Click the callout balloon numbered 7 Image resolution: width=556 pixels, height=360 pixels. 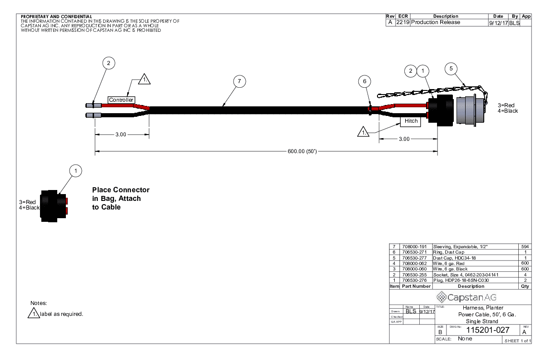point(239,81)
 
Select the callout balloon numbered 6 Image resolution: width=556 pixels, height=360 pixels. point(364,81)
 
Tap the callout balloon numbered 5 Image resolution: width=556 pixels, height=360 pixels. point(451,69)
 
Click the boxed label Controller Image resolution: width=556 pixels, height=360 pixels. point(121,100)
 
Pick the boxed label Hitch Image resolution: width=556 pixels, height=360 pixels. point(410,121)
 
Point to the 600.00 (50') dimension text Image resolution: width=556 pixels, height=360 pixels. point(302,151)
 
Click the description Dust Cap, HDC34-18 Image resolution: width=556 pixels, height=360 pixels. point(456,258)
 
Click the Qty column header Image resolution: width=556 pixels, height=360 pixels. point(526,286)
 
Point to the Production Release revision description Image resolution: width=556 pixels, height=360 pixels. point(436,22)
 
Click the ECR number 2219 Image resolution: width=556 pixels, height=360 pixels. point(403,22)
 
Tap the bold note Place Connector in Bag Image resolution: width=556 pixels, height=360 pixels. point(120,199)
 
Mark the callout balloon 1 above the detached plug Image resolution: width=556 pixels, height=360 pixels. point(76,170)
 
